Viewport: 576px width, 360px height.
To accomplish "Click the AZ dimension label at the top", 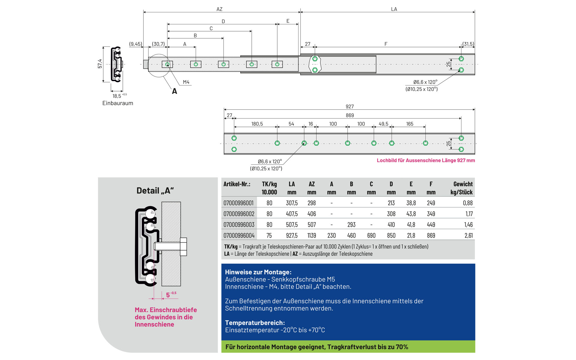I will point(219,9).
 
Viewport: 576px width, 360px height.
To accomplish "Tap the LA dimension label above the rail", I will point(394,9).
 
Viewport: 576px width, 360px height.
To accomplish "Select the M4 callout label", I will point(186,82).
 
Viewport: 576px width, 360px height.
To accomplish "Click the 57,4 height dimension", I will point(100,64).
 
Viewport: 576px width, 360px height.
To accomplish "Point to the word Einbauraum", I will point(118,103).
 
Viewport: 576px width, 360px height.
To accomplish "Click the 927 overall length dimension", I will point(349,106).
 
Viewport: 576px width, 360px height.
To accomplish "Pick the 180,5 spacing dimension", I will point(257,124).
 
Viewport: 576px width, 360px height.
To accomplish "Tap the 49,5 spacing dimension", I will point(383,124).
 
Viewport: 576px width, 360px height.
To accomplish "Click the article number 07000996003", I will point(239,225).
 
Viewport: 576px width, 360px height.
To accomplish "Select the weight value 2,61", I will point(468,235).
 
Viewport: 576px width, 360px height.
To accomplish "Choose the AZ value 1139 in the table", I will point(312,235).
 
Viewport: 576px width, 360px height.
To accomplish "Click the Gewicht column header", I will point(463,184).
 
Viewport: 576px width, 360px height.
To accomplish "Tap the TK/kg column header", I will point(269,184).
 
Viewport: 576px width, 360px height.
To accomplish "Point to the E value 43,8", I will point(411,214).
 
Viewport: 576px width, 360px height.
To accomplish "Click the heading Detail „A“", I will point(155,191).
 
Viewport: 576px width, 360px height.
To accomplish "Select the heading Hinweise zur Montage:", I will point(258,272).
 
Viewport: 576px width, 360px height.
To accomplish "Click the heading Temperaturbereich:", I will point(255,323).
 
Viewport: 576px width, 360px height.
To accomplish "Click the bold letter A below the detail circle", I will point(175,91).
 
